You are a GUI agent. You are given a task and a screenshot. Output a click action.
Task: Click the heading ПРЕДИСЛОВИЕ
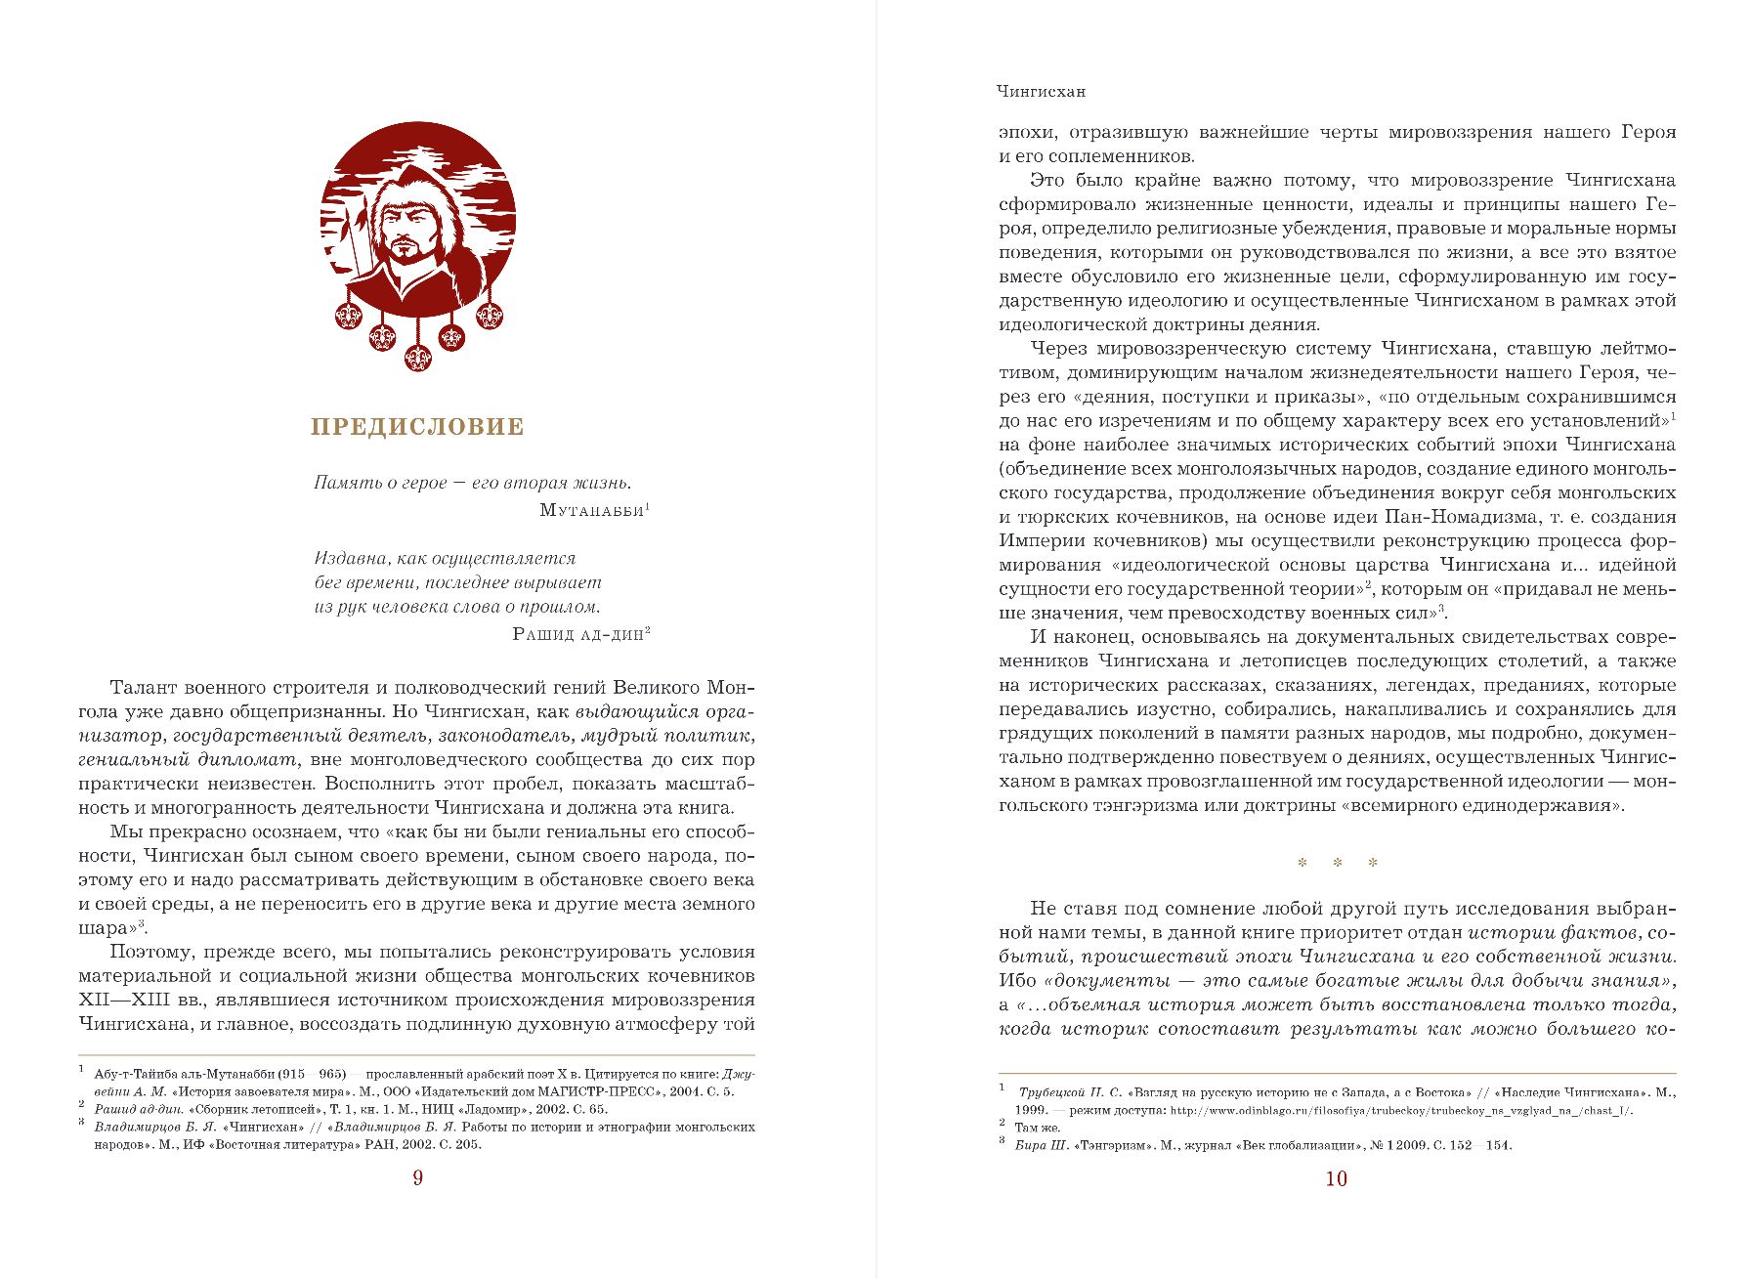(417, 427)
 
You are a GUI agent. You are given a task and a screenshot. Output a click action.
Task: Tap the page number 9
(417, 1178)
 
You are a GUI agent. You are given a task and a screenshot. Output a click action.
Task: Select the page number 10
(1336, 1179)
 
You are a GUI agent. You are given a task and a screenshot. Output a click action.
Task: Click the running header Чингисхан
(1041, 92)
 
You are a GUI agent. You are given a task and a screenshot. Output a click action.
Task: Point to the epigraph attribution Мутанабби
(591, 510)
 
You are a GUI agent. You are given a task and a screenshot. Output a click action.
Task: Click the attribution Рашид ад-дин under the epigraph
(577, 634)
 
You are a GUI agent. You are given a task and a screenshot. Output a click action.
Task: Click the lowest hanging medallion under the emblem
(418, 357)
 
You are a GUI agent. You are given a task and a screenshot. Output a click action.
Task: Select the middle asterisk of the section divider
(1337, 863)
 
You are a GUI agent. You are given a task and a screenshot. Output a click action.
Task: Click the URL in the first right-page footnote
(1401, 1110)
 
